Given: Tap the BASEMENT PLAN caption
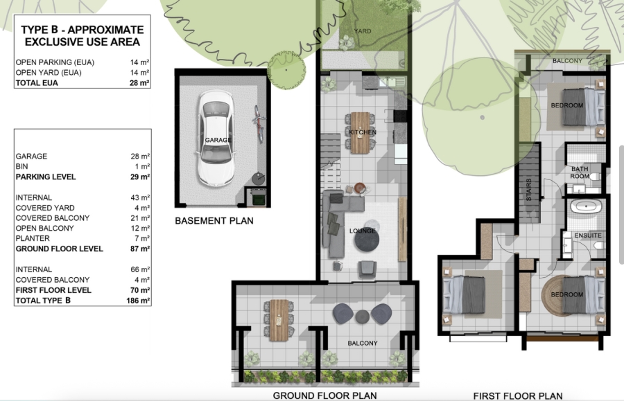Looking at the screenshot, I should pos(214,222).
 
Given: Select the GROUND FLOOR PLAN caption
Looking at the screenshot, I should pos(324,395).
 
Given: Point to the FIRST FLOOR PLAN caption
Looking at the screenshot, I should pos(517,395).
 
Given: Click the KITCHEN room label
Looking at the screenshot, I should pos(363,132).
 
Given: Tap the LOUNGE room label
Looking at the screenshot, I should pos(363,231).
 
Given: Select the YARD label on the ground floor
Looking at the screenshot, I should pos(363,31).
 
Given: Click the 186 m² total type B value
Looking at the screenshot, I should pos(139,301).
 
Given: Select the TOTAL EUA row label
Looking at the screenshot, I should pos(37,83).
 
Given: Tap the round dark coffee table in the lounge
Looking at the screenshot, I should pos(366,240).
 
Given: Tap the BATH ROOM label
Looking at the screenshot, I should pos(580,172).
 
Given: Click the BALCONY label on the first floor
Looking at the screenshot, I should pos(568,61).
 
